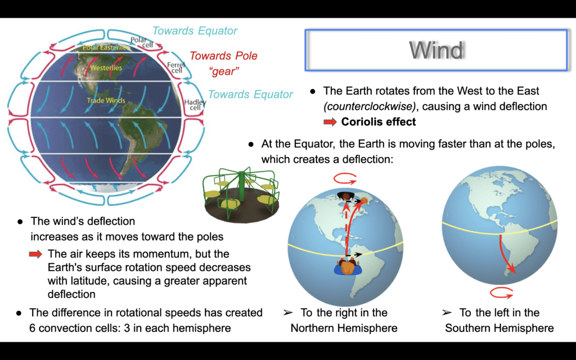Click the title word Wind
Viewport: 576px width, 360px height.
[436, 50]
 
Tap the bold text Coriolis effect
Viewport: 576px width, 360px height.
[379, 121]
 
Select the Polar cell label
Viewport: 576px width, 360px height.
[141, 42]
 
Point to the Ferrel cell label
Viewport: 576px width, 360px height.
[176, 67]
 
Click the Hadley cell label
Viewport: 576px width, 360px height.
[195, 105]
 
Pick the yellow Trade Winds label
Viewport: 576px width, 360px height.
[106, 100]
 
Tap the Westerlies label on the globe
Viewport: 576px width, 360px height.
[106, 67]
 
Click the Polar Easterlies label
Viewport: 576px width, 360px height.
[106, 47]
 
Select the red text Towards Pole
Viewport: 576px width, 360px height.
[223, 56]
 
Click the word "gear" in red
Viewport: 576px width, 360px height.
[223, 71]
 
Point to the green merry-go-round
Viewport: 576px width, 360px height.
[241, 195]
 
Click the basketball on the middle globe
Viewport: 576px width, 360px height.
[364, 201]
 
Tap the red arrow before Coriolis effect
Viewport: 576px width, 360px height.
[330, 122]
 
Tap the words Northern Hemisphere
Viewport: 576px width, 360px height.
[344, 328]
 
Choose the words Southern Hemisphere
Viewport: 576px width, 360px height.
[499, 328]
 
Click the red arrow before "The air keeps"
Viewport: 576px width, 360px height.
[35, 254]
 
